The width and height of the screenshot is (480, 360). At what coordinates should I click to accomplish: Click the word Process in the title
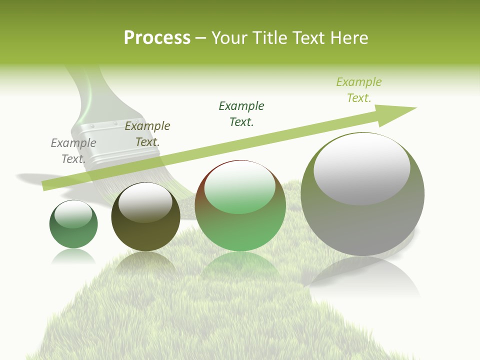pyautogui.click(x=157, y=38)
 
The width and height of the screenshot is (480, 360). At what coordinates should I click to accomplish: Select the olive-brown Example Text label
pyautogui.click(x=147, y=134)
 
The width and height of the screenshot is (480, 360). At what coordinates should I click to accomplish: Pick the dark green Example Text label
pyautogui.click(x=241, y=114)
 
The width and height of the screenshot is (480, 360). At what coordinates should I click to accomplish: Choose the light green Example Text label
pyautogui.click(x=358, y=90)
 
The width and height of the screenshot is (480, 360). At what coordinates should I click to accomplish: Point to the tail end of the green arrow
pyautogui.click(x=46, y=186)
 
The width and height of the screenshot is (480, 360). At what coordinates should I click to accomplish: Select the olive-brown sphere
pyautogui.click(x=145, y=230)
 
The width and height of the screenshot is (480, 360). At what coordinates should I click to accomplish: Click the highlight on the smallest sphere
pyautogui.click(x=73, y=214)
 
